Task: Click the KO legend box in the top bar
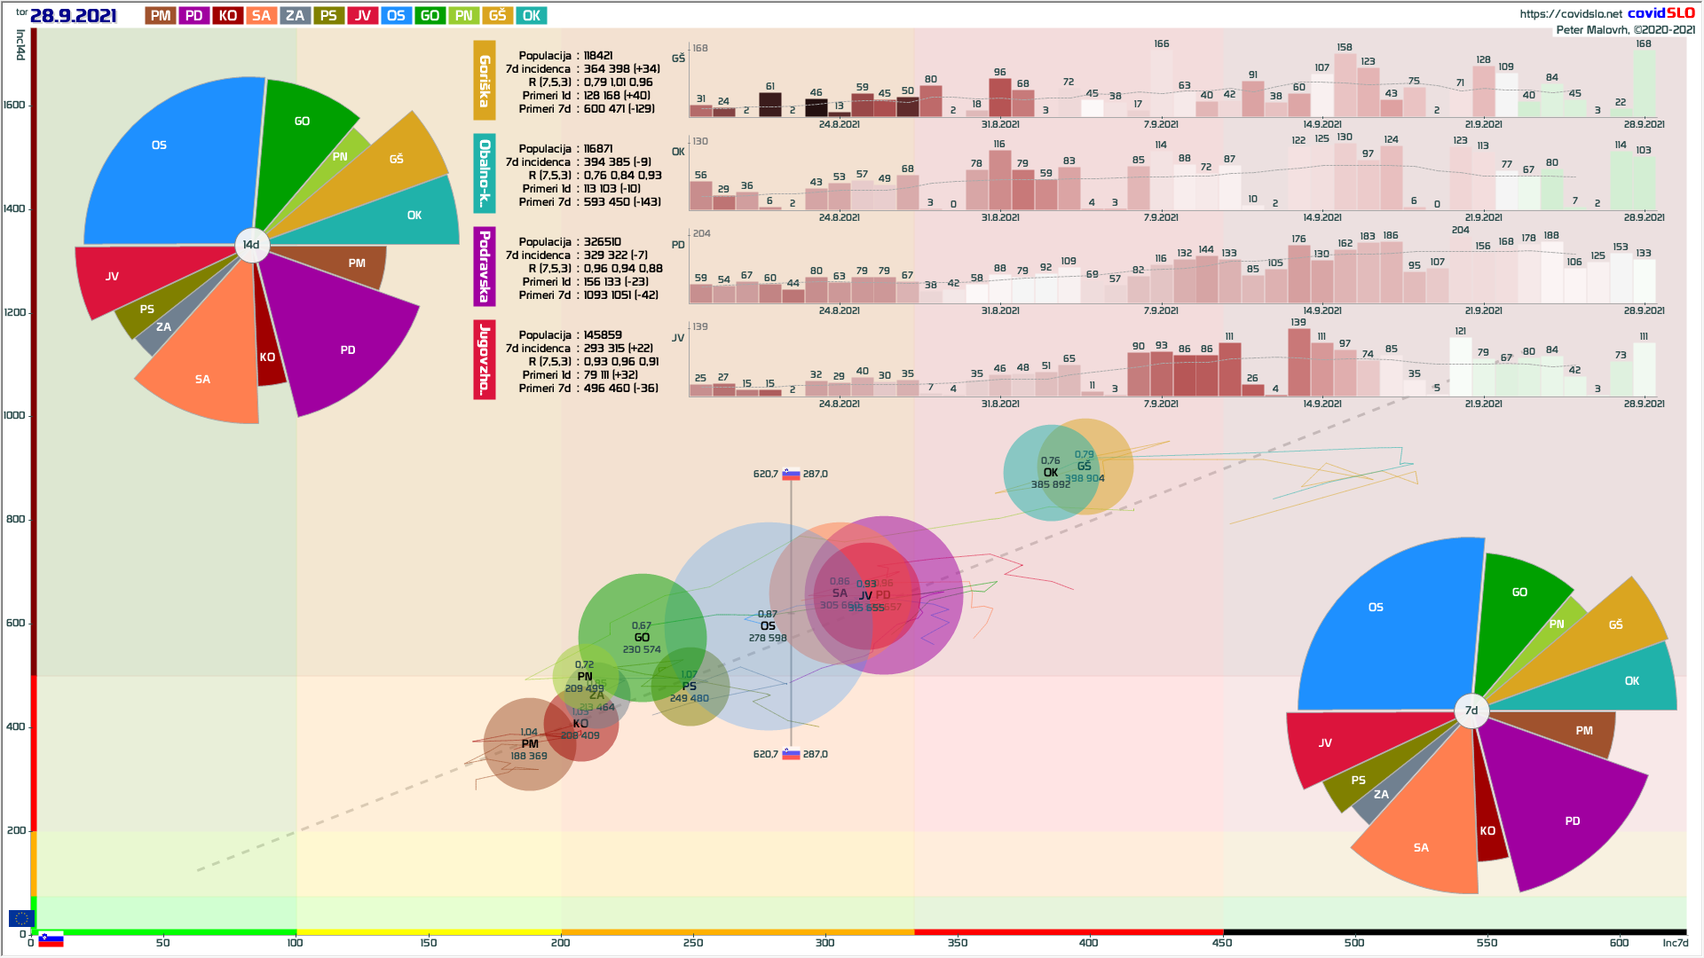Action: tap(227, 15)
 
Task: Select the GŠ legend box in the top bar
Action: tap(497, 15)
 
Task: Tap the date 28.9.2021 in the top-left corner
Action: tap(73, 15)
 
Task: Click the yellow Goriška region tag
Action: tap(484, 80)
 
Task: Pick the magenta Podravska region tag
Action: tap(484, 266)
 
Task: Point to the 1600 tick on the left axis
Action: tap(14, 105)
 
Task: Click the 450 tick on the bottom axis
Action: tap(1222, 943)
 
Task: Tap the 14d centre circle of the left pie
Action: tap(251, 245)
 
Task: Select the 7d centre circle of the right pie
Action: tap(1471, 710)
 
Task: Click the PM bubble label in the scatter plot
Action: tap(530, 744)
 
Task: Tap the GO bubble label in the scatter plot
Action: tap(642, 638)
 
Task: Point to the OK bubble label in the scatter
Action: tap(1051, 473)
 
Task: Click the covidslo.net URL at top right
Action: tap(1570, 13)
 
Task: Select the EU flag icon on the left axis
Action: tap(21, 918)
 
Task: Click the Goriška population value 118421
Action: tap(598, 55)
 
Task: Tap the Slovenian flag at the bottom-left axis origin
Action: tap(51, 939)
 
